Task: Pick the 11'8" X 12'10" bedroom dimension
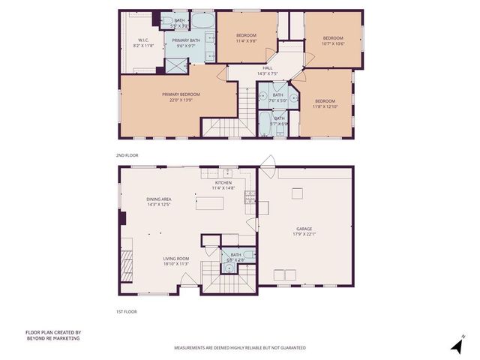[325, 106]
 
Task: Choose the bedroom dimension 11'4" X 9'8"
[247, 41]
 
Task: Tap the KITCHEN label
[223, 183]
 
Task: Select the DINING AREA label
[160, 199]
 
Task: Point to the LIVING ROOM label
[176, 259]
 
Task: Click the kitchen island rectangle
[211, 204]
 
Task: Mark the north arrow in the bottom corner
[455, 345]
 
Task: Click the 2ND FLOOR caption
[127, 155]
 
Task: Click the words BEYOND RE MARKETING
[52, 338]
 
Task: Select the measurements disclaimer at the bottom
[240, 348]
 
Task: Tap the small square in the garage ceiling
[297, 193]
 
